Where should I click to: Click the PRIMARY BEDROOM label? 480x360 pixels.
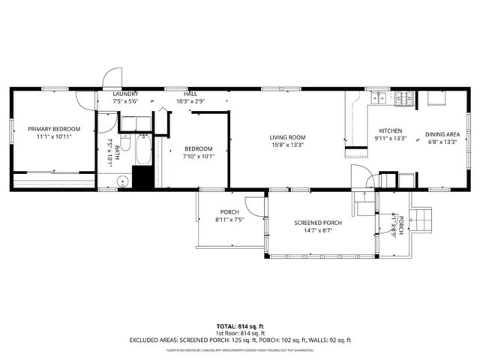[54, 129]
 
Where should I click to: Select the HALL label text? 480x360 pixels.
[190, 94]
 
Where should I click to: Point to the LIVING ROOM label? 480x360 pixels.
[288, 137]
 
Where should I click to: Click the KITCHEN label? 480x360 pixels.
[390, 130]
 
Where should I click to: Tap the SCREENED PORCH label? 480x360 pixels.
[318, 223]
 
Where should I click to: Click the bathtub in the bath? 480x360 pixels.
[142, 151]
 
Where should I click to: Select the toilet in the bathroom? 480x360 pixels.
[125, 142]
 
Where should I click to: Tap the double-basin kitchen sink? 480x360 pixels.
[379, 97]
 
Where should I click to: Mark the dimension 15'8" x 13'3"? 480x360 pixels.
[288, 145]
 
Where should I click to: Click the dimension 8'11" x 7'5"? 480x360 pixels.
[229, 220]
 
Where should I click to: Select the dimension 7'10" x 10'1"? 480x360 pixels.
[199, 157]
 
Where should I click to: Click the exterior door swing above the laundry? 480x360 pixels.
[111, 77]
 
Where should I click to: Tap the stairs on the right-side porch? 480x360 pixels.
[424, 220]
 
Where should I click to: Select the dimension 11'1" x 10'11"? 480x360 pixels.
[54, 137]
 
